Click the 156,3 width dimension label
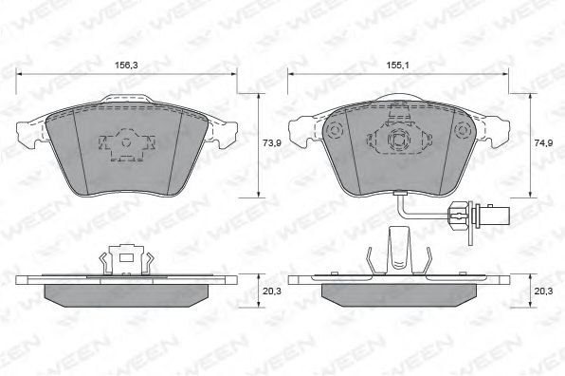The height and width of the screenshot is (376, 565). coord(126,66)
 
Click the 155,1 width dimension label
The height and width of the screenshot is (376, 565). coord(398,66)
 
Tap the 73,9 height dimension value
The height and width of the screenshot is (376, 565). coord(272,142)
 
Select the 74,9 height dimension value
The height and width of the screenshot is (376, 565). coord(543,142)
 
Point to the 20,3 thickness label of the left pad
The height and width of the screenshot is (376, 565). coord(272,291)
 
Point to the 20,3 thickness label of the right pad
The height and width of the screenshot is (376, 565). coord(543,291)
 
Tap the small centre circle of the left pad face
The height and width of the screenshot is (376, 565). coord(125,142)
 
